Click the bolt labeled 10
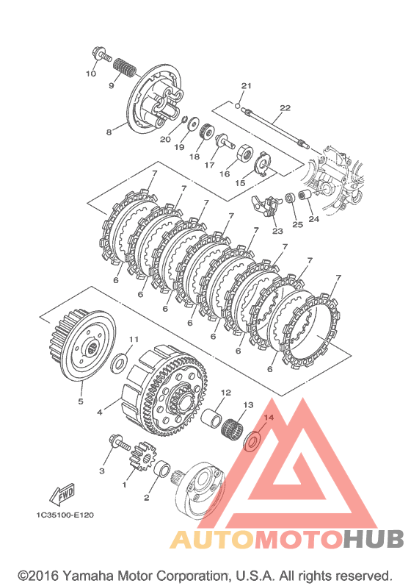pos(100,54)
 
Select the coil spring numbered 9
pos(125,68)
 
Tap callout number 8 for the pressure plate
pos(109,132)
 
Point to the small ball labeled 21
pos(238,106)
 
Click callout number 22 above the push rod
pos(285,108)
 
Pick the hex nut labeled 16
pos(246,153)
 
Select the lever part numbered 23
pos(265,205)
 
